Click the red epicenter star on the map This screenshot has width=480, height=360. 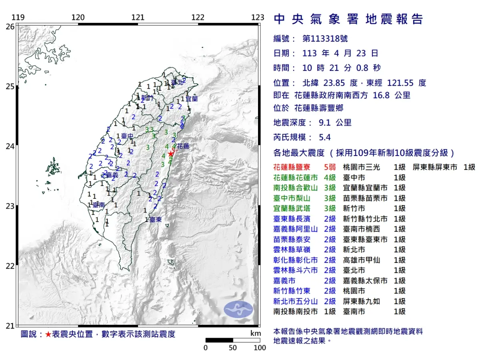pyautogui.click(x=171, y=154)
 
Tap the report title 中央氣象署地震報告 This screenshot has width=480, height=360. pyautogui.click(x=348, y=19)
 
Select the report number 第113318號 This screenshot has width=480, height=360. pyautogui.click(x=325, y=39)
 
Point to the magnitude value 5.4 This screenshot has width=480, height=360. pyautogui.click(x=324, y=138)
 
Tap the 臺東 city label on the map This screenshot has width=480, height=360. pyautogui.click(x=154, y=220)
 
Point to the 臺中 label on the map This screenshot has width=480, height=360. pyautogui.click(x=127, y=136)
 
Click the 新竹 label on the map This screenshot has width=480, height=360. pyautogui.click(x=147, y=98)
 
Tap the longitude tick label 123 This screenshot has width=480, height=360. pyautogui.click(x=258, y=18)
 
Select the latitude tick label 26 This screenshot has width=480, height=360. pyautogui.click(x=10, y=26)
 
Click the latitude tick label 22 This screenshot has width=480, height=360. pyautogui.click(x=10, y=266)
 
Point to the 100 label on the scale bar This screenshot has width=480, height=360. pyautogui.click(x=260, y=348)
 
